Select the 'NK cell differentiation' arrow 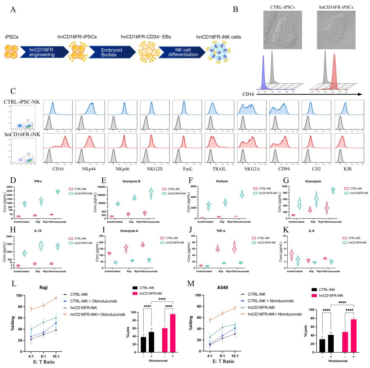183,52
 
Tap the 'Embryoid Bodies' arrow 111,52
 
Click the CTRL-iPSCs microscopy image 282,30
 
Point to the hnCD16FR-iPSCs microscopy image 336,30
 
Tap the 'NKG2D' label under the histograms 154,169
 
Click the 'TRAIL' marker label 219,169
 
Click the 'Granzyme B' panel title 131,181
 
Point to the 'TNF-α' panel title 221,231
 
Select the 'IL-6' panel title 311,231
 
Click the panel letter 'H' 13,230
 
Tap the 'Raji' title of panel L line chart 43,288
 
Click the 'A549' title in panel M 222,288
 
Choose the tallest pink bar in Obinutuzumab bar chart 173,333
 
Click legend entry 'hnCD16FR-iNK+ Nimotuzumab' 275,314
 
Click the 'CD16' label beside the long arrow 248,94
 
